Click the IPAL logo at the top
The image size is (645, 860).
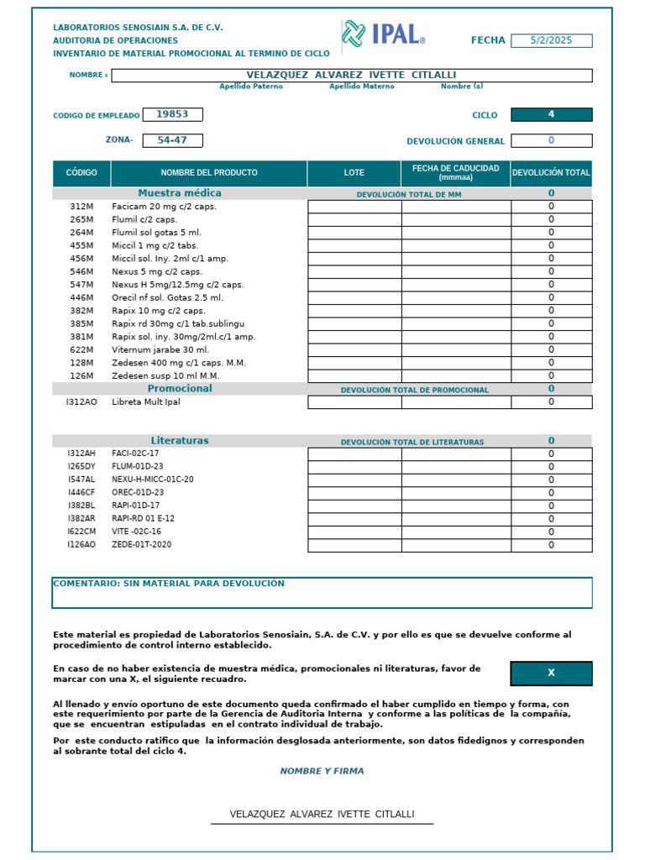(383, 34)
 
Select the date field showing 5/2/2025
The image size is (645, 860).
(551, 40)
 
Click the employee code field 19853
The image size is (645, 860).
(172, 114)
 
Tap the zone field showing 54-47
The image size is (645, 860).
(172, 140)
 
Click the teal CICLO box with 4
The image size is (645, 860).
(551, 114)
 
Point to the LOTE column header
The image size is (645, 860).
(354, 173)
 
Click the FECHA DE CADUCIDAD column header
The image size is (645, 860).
(455, 173)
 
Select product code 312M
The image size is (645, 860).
(81, 206)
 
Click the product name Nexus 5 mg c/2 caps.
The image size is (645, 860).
(157, 271)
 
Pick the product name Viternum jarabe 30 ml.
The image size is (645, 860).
(160, 349)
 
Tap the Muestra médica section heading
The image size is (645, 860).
(180, 193)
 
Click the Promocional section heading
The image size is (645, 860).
(180, 389)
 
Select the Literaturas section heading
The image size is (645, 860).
(180, 440)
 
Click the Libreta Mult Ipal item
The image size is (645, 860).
(146, 402)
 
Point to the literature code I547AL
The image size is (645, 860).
(81, 480)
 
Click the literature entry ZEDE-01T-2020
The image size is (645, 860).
(142, 545)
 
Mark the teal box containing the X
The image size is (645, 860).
(551, 673)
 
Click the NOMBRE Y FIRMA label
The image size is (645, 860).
(322, 771)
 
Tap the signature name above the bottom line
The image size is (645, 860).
(322, 815)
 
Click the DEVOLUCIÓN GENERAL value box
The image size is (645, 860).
(551, 141)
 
